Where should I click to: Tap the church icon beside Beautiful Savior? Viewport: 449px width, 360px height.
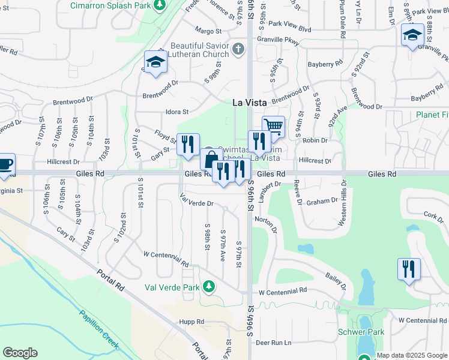(238, 48)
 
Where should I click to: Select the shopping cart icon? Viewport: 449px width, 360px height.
(273, 126)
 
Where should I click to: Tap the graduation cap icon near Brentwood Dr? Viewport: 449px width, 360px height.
(155, 62)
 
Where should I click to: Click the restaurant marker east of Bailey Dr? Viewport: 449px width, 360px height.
(409, 269)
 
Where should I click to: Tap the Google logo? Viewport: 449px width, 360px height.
(20, 353)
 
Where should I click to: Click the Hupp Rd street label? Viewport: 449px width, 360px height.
(191, 322)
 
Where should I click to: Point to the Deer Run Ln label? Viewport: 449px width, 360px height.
(273, 343)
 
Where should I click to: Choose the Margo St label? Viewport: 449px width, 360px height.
(208, 31)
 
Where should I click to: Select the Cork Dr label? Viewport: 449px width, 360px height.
(433, 215)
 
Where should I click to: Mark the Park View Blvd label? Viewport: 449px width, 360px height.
(290, 29)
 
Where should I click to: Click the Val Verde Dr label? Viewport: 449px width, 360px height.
(197, 203)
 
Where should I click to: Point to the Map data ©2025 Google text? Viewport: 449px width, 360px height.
(412, 355)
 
